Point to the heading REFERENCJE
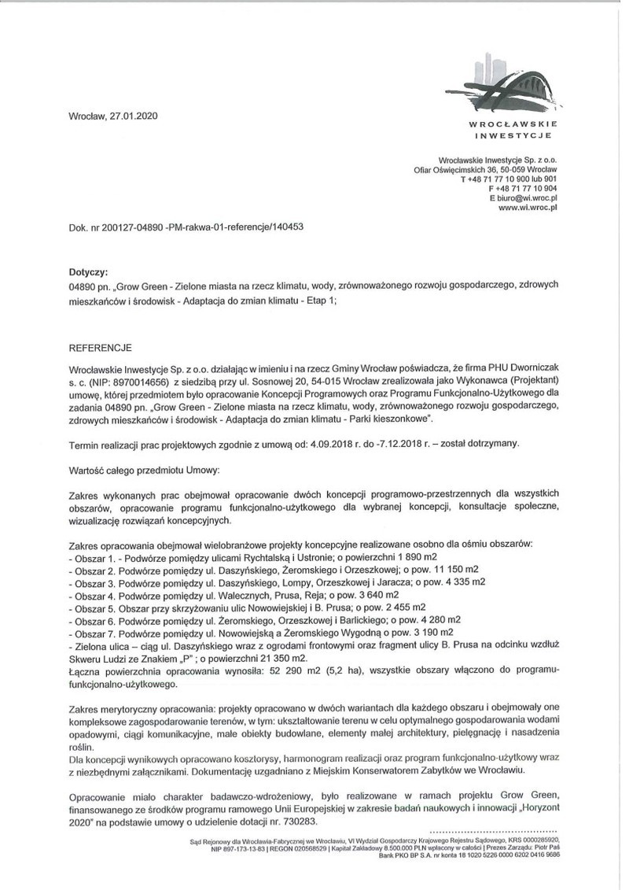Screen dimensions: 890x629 pos(101,347)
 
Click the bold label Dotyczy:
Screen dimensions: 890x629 pos(89,270)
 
